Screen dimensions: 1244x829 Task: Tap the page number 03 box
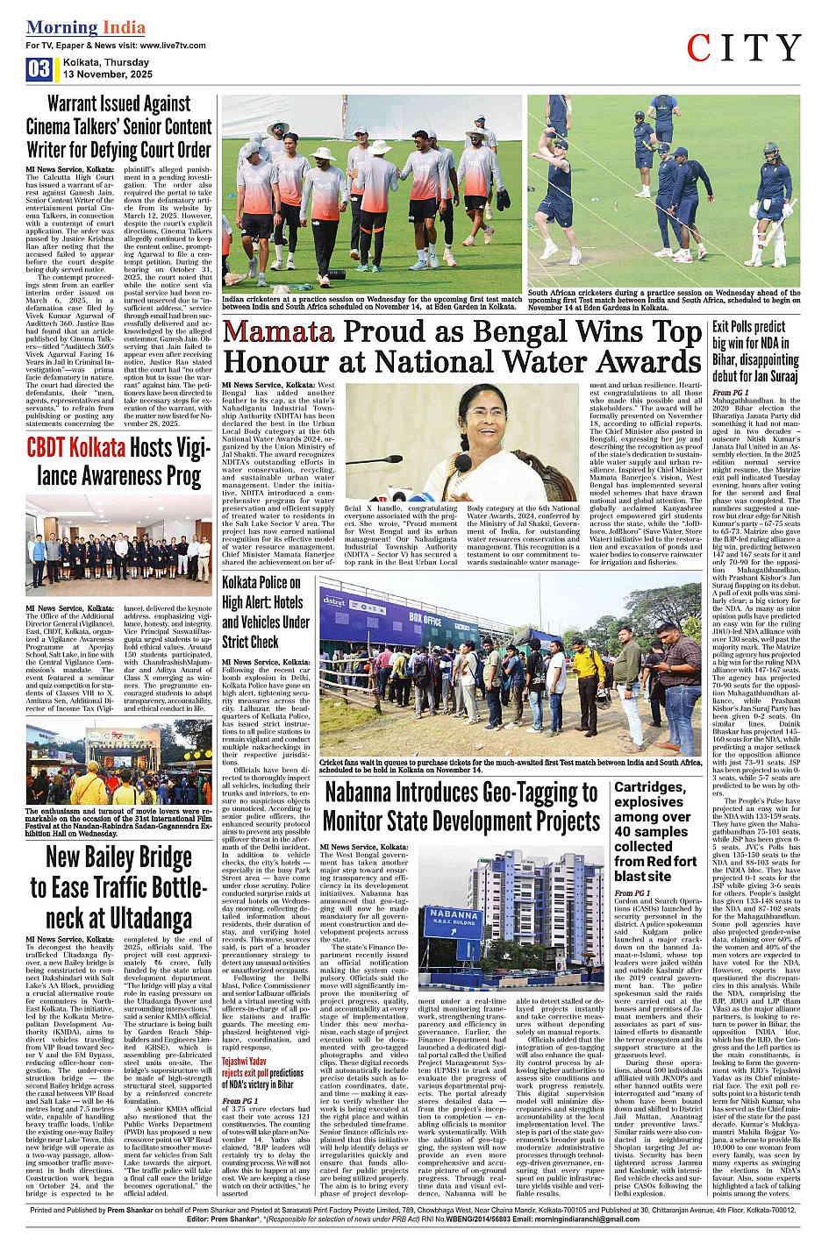[x=39, y=69]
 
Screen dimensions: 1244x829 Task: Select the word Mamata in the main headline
[x=278, y=332]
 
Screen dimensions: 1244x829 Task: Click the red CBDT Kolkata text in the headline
[x=76, y=448]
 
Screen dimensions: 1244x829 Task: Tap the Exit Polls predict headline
[x=754, y=351]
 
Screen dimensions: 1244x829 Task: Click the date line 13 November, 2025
[x=107, y=75]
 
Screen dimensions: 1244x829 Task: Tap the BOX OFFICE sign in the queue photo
[x=425, y=619]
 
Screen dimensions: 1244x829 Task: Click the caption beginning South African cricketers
[x=663, y=300]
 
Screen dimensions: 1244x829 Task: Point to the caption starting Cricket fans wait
[x=511, y=766]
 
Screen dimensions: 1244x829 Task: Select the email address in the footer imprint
[x=553, y=1219]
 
